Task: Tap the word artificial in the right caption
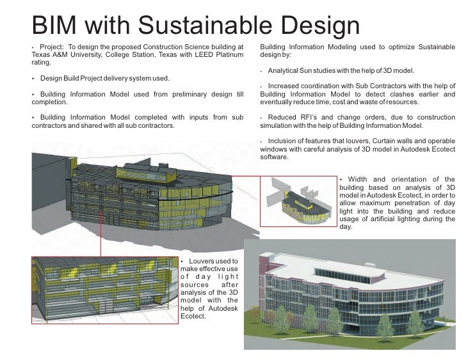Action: pos(388,218)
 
